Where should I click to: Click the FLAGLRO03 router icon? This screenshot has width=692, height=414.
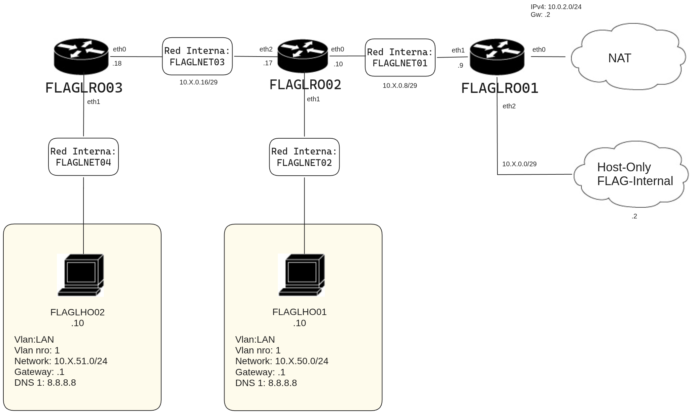81,57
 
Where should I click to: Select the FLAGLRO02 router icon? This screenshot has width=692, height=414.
303,56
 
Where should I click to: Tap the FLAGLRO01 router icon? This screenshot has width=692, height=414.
497,57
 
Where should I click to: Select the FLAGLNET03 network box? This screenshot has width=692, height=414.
197,56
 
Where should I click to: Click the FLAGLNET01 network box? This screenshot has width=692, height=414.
400,58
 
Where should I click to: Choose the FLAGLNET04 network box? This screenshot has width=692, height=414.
83,157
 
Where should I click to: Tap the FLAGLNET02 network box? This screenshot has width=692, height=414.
304,157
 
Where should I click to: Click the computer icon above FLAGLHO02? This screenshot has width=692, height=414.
81,275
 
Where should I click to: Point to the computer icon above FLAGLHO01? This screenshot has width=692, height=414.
302,275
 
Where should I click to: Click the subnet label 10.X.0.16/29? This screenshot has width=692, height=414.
198,82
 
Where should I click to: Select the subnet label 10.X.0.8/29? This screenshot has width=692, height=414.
400,85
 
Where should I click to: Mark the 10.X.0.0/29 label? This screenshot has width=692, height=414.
519,164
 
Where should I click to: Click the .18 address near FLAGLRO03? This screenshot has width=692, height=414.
117,63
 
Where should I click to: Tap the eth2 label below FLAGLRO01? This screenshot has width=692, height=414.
509,106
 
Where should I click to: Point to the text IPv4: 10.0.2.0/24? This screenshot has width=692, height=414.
556,7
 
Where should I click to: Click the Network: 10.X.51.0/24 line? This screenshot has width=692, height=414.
61,361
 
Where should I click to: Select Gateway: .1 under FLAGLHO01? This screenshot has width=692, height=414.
260,372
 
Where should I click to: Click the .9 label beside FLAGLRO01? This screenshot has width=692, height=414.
460,66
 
